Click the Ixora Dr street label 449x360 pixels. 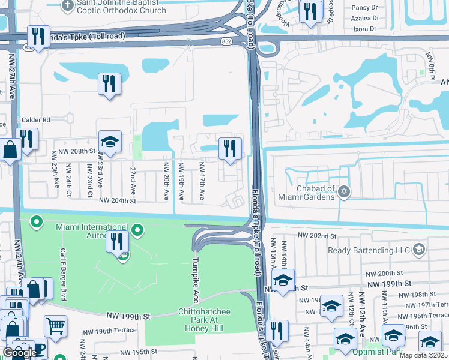[x=366, y=28]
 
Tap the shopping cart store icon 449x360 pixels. [x=55, y=326]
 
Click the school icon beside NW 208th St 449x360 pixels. [x=110, y=142]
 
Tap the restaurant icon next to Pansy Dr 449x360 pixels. [x=310, y=12]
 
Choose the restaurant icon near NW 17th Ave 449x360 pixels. [x=230, y=148]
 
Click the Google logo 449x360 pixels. [x=20, y=352]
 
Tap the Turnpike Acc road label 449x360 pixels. [x=195, y=281]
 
